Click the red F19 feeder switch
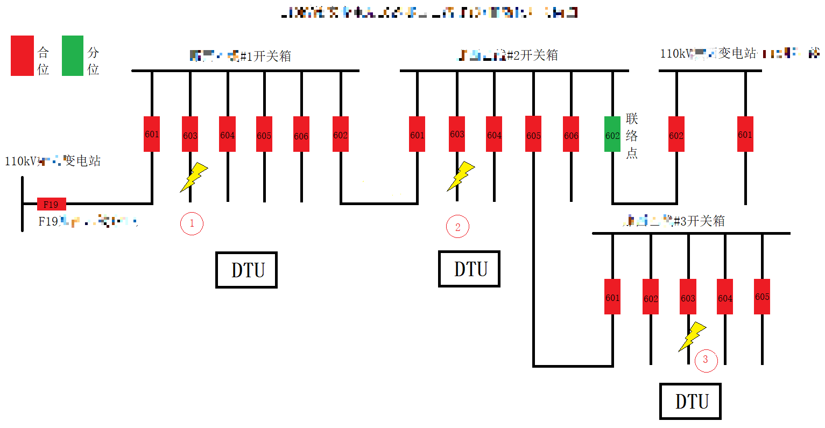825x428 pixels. click(x=51, y=204)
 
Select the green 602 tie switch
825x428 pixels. click(x=612, y=134)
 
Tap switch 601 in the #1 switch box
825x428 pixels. click(x=152, y=134)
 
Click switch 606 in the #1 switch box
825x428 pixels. click(x=301, y=134)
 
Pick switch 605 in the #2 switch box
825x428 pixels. click(x=533, y=134)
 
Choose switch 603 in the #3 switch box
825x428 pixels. click(x=688, y=297)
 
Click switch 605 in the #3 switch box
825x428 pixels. click(x=762, y=297)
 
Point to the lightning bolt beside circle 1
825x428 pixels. click(x=194, y=177)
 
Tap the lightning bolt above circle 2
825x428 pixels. click(x=461, y=176)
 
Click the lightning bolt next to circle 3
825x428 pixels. click(x=692, y=336)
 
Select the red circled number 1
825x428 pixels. click(x=192, y=223)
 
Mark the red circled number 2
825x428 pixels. click(x=457, y=227)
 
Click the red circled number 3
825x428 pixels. click(x=706, y=360)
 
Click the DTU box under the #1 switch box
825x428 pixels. click(x=246, y=270)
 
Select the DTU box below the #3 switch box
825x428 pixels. click(x=690, y=401)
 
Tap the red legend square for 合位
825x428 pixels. click(x=22, y=55)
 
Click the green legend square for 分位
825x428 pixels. click(x=73, y=55)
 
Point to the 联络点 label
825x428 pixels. click(x=632, y=136)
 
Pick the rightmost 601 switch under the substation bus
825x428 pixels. click(x=745, y=134)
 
